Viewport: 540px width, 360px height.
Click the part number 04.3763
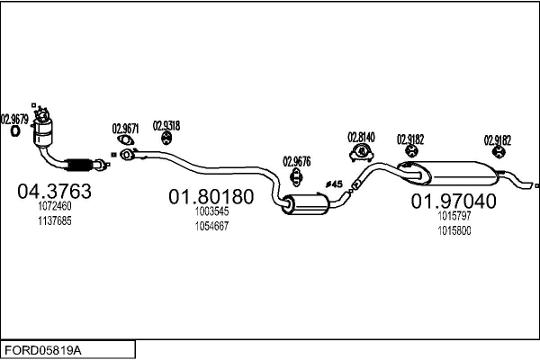pos(55,191)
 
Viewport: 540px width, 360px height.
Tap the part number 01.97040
pos(454,202)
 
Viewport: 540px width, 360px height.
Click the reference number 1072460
pos(53,206)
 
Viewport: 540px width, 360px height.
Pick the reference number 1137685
pos(53,220)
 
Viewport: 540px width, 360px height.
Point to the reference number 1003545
pos(212,212)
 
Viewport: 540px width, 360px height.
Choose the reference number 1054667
pos(212,226)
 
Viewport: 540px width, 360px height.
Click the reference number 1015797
pos(454,217)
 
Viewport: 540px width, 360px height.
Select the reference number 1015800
pos(454,230)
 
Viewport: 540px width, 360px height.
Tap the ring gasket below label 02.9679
pos(15,131)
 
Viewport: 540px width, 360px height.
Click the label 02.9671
pos(126,128)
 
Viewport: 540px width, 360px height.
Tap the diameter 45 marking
pos(334,184)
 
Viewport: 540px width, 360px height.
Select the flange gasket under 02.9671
pos(127,154)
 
